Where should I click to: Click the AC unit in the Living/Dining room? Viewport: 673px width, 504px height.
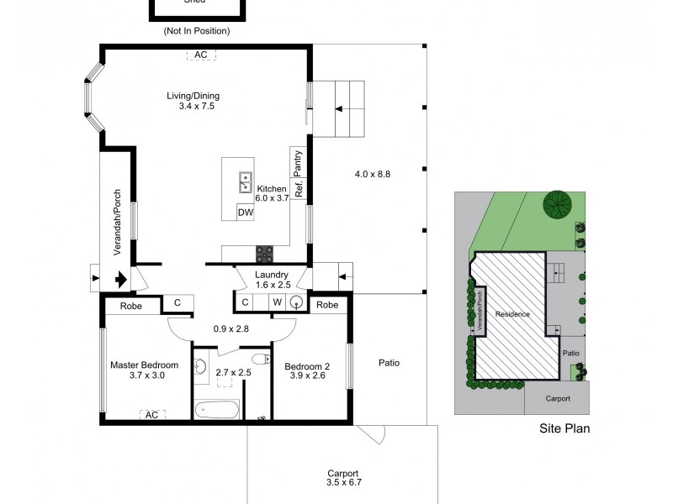200,55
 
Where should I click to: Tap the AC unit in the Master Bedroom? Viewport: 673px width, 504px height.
151,414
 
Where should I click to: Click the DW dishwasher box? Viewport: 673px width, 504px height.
246,213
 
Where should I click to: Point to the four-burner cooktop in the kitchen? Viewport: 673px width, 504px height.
265,253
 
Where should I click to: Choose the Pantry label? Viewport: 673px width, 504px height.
297,162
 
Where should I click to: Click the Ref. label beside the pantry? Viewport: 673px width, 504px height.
298,189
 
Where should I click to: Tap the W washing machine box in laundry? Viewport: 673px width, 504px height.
276,302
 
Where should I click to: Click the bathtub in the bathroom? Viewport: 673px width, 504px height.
217,410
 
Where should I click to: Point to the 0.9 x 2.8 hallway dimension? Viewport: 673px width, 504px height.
231,328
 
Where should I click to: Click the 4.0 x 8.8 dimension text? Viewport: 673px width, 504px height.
373,174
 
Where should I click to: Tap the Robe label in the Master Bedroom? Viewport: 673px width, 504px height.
130,306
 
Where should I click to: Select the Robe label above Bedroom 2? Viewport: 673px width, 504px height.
329,305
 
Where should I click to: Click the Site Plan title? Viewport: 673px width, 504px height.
564,428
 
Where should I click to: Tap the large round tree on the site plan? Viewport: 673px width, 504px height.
555,202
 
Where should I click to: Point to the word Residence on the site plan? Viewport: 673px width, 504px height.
512,314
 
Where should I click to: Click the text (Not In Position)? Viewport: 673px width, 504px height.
197,31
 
